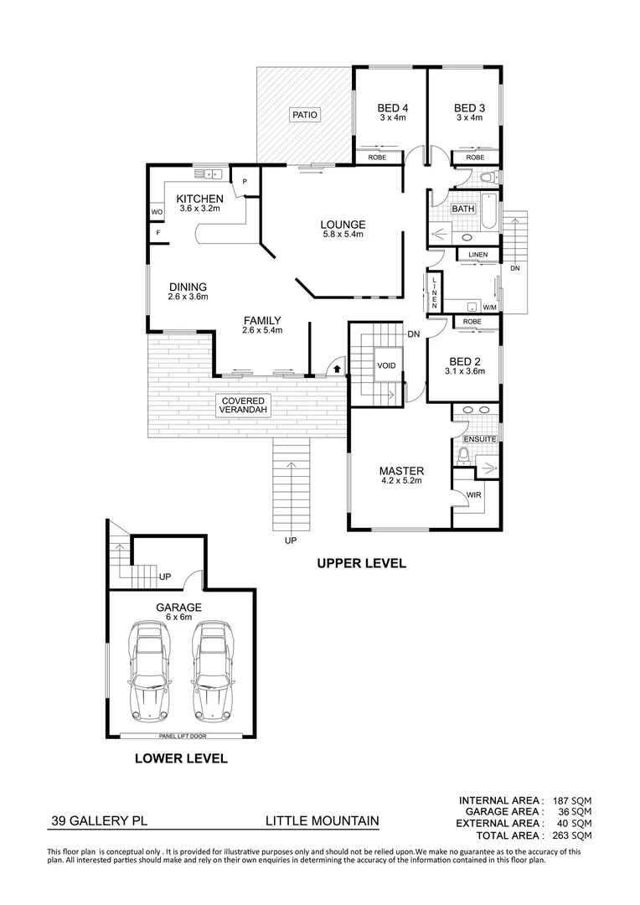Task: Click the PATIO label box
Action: tap(304, 115)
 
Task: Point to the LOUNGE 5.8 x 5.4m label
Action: tap(343, 230)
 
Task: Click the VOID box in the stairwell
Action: tap(386, 365)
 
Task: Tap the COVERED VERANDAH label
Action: tap(245, 406)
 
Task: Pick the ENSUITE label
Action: tap(480, 439)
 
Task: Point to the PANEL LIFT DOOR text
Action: tap(183, 737)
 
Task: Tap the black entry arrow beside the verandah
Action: tap(337, 367)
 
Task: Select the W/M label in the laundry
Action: tap(489, 308)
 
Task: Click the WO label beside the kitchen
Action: tap(157, 212)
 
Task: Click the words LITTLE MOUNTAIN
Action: tap(323, 820)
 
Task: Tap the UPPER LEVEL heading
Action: tap(361, 563)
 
